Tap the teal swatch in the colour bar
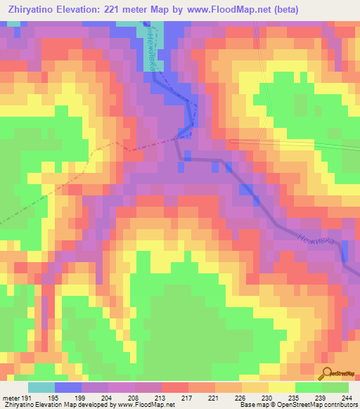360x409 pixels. tap(41, 387)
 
